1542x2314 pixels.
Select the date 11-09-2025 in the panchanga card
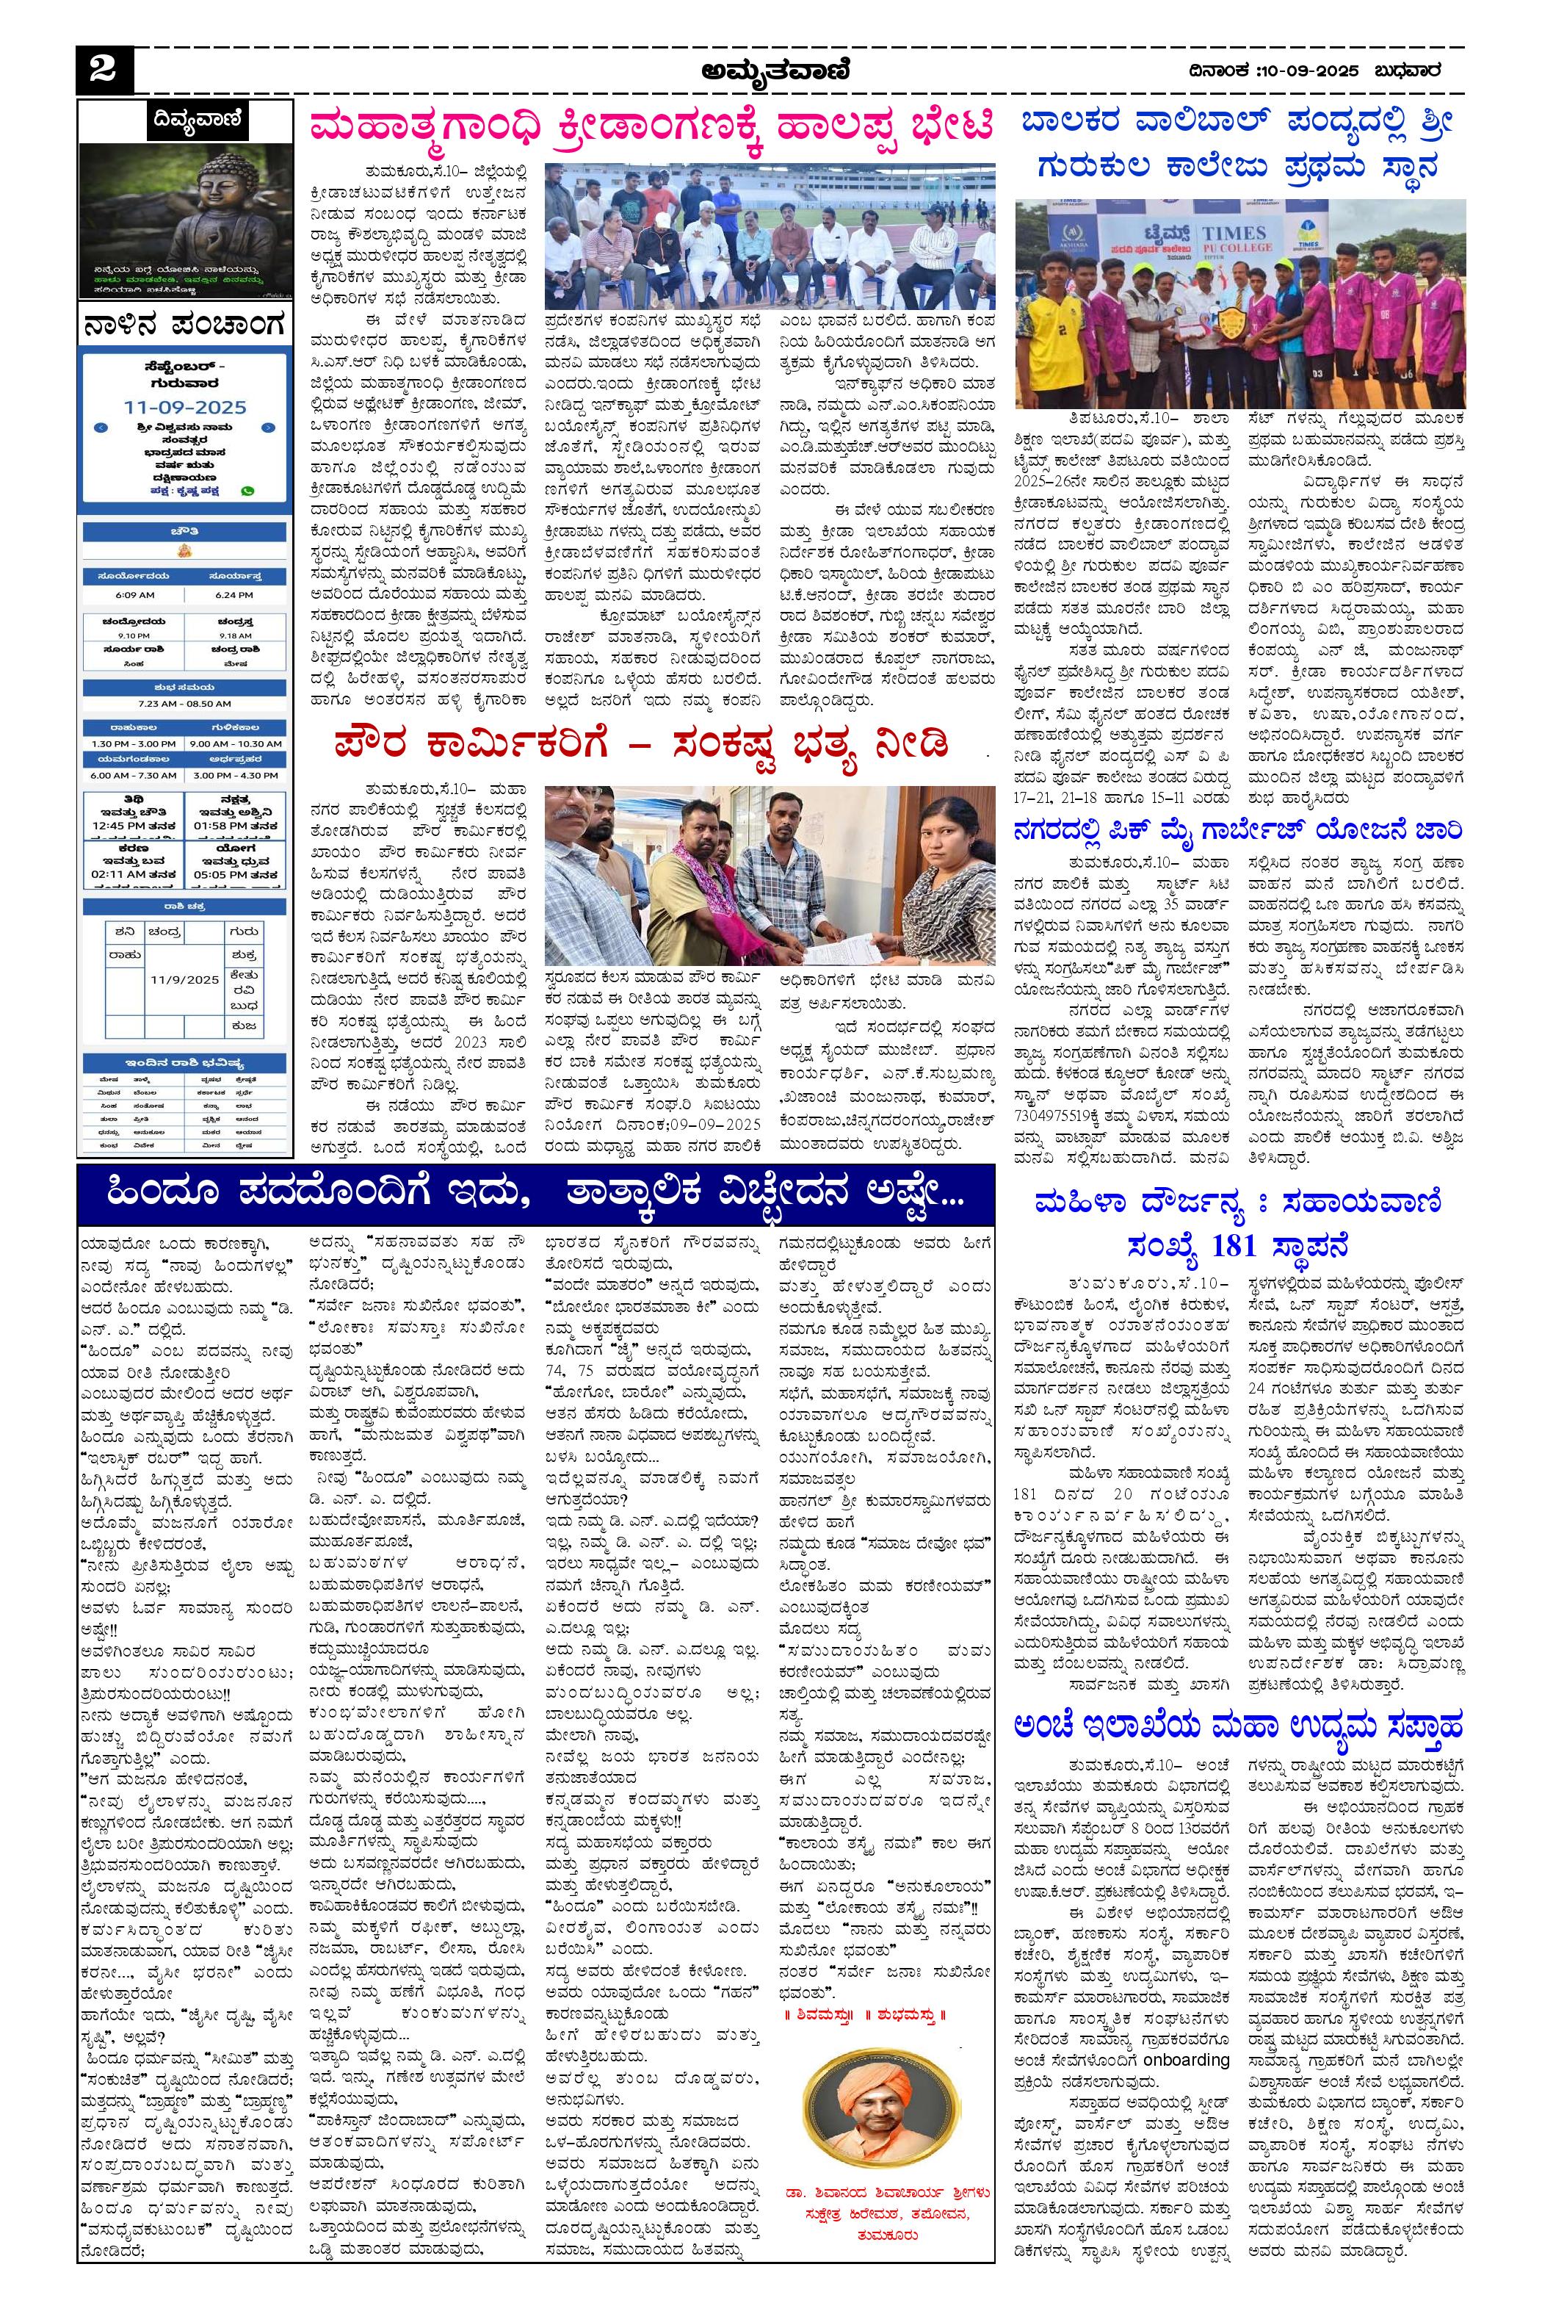[x=185, y=406]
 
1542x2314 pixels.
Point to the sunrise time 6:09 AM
[x=134, y=594]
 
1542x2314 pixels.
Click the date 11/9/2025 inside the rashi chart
[x=185, y=979]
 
